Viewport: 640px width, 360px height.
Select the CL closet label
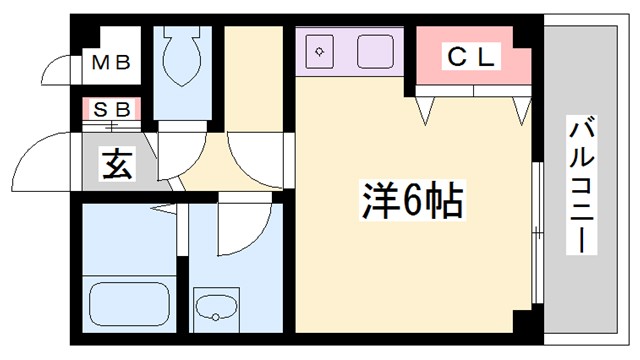[470, 58]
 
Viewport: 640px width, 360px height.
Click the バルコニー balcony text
[579, 185]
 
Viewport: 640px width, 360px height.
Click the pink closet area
[470, 70]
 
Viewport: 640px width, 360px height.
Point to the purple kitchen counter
[351, 51]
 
